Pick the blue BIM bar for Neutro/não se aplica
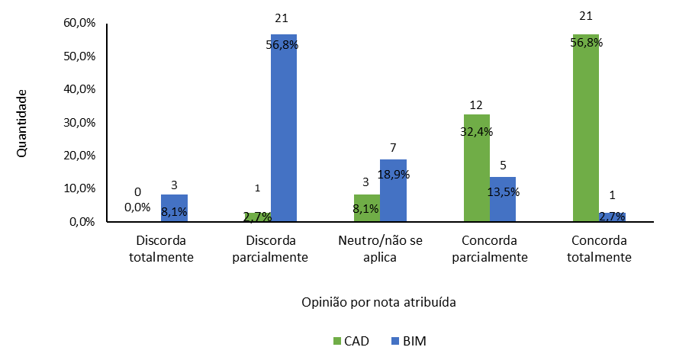pos(393,191)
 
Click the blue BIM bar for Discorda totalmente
pos(174,208)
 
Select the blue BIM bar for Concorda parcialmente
pos(503,200)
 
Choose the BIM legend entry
pos(411,341)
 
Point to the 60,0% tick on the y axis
pos(79,23)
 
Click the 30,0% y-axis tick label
pos(79,122)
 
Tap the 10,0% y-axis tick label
pos(79,188)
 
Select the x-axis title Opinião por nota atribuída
pos(378,301)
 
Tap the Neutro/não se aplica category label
pos(379,249)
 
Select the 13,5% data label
pos(504,192)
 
